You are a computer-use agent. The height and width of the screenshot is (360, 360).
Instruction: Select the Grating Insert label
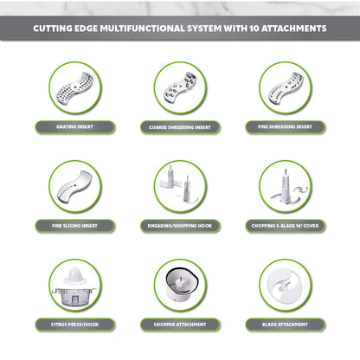75,127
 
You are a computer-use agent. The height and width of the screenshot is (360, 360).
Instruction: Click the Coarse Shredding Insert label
180,127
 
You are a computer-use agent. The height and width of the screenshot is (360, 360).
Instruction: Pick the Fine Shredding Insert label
286,127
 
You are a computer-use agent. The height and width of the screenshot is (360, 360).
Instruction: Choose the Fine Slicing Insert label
75,226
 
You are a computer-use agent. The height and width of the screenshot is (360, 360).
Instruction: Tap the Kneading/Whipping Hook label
180,226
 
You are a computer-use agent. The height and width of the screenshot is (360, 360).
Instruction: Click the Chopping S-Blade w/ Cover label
286,226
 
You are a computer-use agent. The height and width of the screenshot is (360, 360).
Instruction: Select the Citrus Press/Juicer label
75,325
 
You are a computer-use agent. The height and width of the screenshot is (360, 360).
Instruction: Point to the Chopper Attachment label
180,325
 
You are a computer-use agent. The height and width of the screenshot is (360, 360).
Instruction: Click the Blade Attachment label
286,325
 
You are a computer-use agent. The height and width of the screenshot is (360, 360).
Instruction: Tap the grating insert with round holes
74,87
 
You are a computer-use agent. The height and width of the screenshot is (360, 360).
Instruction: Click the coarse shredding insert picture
180,87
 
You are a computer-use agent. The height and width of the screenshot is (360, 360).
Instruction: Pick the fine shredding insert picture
286,87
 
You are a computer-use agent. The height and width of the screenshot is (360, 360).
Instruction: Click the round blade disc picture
286,286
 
